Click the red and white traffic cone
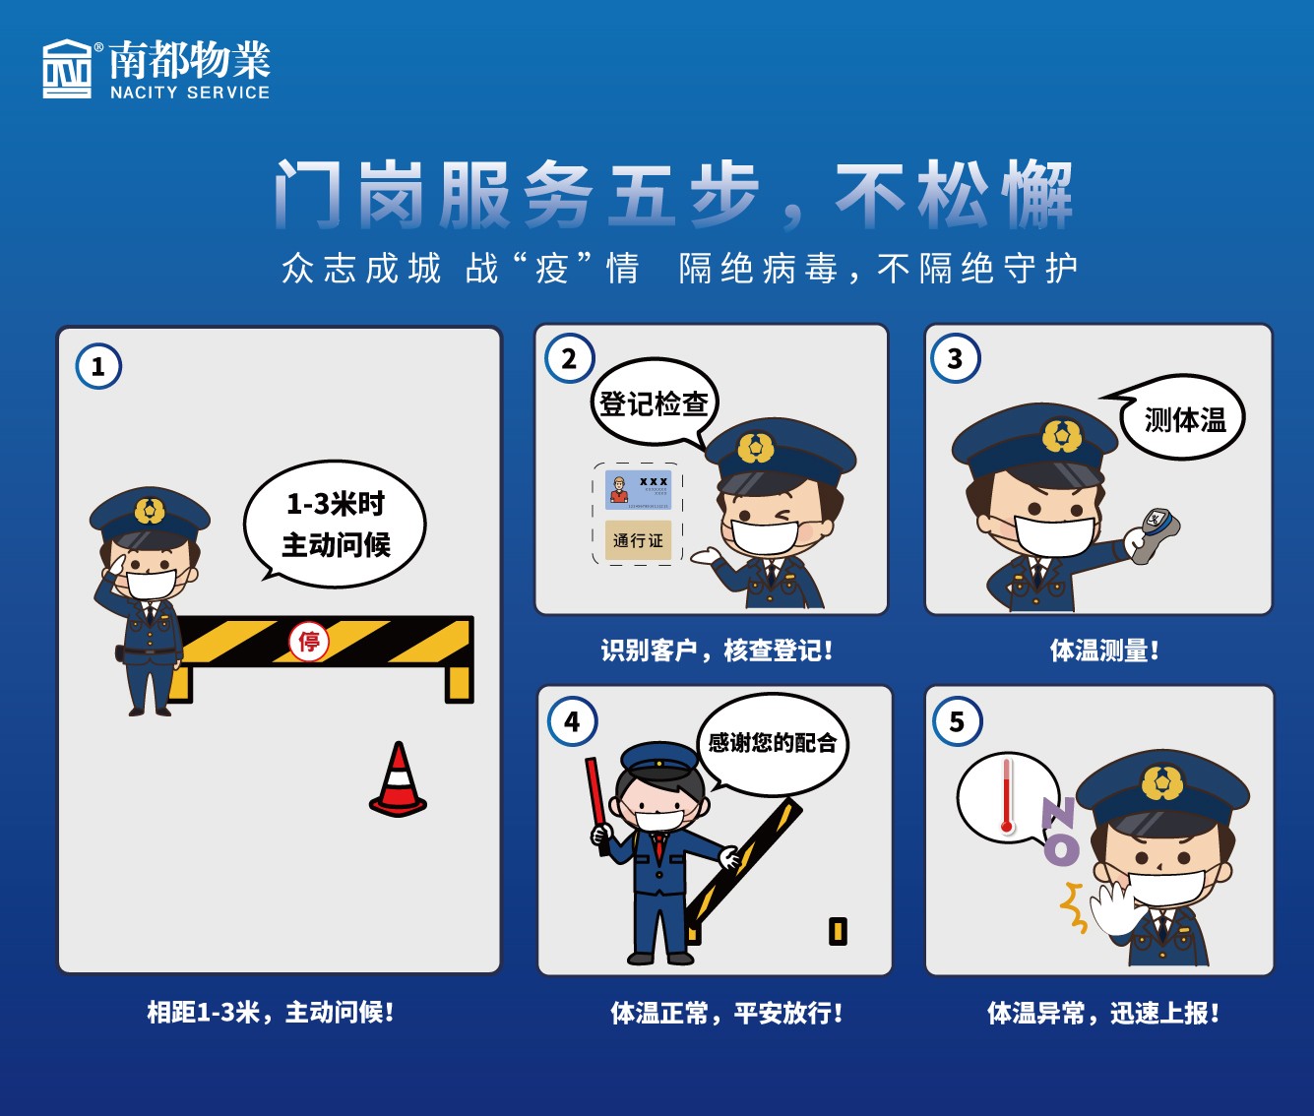coord(399,781)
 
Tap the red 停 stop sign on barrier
coord(309,643)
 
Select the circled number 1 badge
coord(97,367)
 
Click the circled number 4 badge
coord(572,722)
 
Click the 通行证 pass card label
coord(638,540)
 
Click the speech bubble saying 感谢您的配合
coord(772,743)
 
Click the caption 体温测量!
coord(1103,651)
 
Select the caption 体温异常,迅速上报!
coord(1102,1013)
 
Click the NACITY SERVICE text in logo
coord(189,93)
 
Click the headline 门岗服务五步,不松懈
coord(673,193)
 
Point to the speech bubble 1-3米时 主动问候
coord(336,524)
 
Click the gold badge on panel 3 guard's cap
coord(1061,435)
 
